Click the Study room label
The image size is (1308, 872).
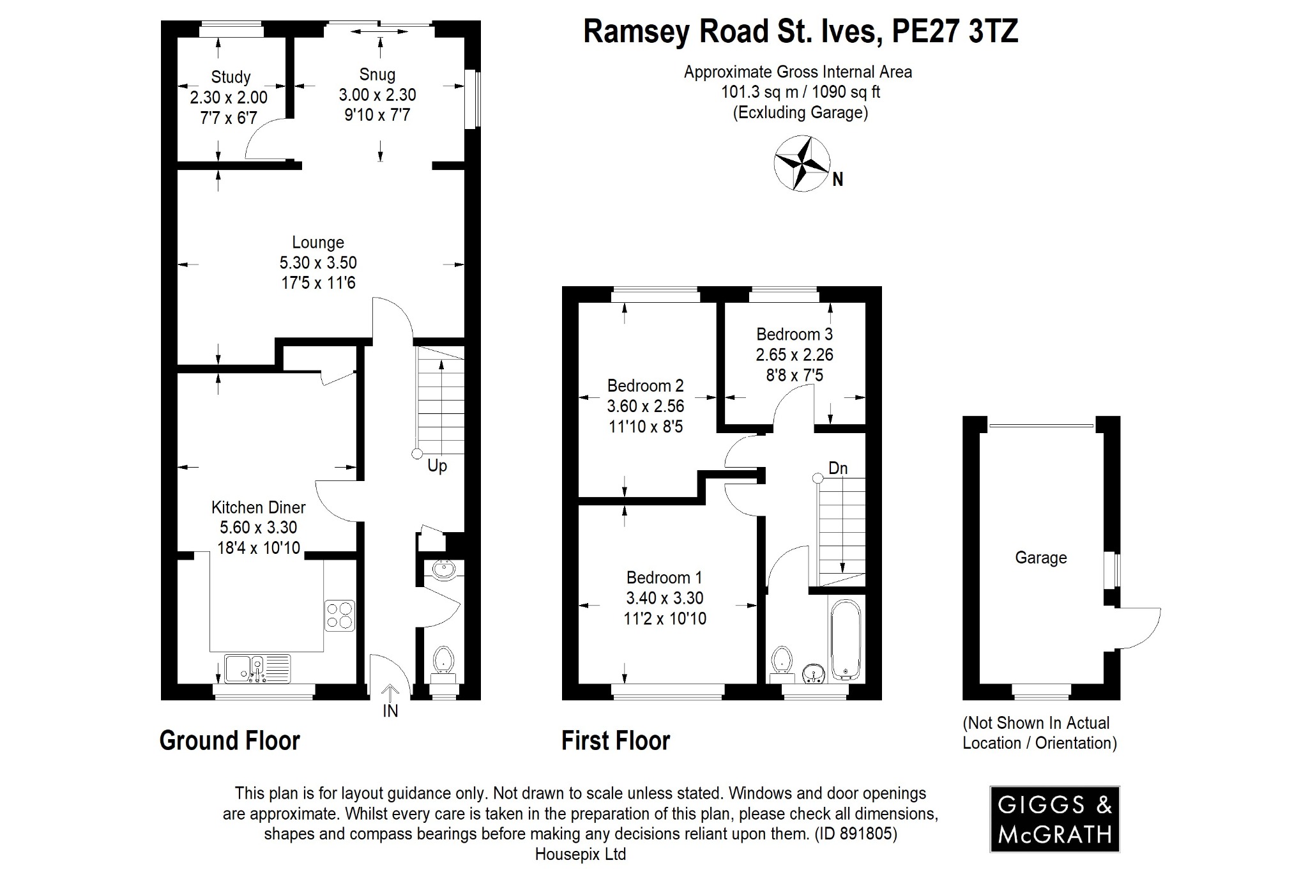pos(231,77)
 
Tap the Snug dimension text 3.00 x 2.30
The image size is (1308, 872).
pos(377,95)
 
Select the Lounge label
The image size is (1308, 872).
pos(318,243)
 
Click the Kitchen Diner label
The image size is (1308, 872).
pos(258,507)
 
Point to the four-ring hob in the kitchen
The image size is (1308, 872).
pos(339,615)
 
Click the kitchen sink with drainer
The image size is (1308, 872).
pos(257,668)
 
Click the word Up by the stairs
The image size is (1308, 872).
pos(437,466)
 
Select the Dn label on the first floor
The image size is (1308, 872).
pos(837,468)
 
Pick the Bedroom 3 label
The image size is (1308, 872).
pos(795,334)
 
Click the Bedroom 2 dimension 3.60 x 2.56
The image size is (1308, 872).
pos(645,406)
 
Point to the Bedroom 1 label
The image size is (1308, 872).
pos(664,578)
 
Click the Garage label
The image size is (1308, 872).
pos(1040,558)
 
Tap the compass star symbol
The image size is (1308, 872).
pos(802,163)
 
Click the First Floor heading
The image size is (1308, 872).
pos(616,740)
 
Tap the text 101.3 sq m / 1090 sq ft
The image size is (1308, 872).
pos(800,92)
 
